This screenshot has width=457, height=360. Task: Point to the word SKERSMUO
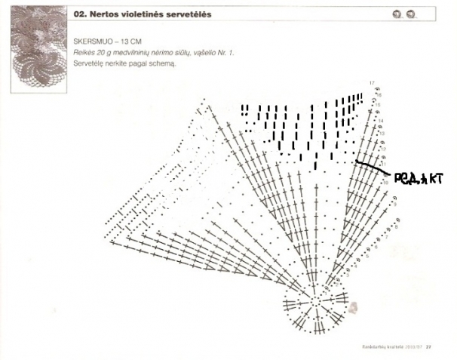point(92,38)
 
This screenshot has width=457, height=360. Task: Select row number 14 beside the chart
point(382,121)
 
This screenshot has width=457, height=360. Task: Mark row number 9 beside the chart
point(395,205)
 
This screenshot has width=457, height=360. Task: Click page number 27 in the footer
point(428,347)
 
